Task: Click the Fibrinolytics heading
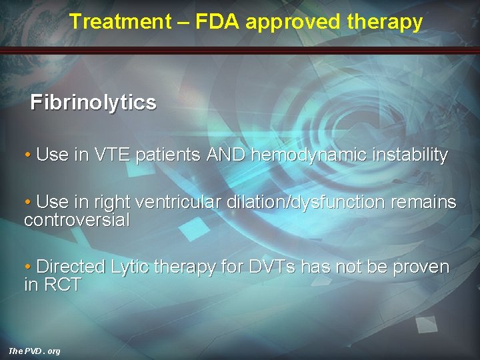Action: [93, 103]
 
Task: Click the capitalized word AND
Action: [227, 155]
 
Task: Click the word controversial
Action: [77, 220]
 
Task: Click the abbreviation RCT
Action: [63, 285]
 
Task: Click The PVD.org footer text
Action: [34, 351]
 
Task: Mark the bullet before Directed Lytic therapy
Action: [27, 267]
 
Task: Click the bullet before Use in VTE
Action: [27, 155]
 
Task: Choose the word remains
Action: [425, 202]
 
